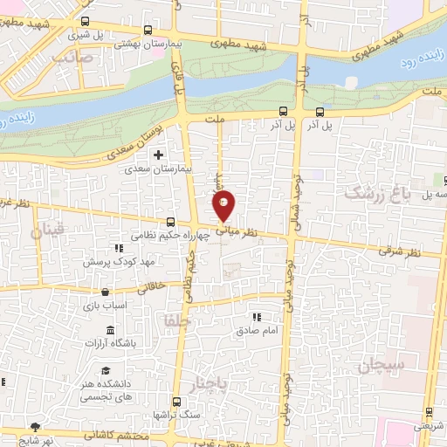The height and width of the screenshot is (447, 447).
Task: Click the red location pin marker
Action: point(224,205)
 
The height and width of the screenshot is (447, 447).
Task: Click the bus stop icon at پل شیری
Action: point(85,22)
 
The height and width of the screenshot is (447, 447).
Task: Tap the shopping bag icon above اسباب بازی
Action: point(105,292)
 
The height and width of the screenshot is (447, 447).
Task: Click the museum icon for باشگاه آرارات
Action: point(109,330)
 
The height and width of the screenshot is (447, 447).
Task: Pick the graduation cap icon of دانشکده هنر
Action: point(106,371)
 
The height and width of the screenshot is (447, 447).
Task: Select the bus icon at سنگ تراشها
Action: point(177,402)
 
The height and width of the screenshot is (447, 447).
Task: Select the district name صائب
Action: point(72,55)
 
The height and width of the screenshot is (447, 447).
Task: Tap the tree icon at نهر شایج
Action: point(35,426)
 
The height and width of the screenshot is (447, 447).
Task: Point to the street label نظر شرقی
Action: point(400,251)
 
